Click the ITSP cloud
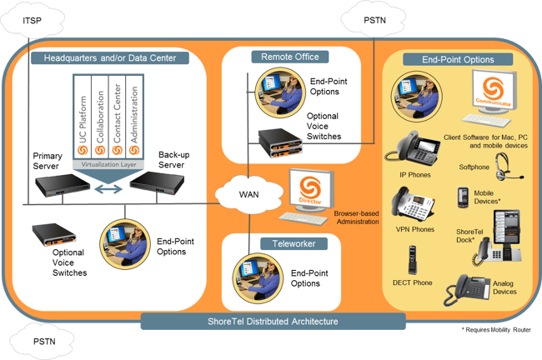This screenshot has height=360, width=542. [x=33, y=21]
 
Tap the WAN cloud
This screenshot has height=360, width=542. [x=248, y=194]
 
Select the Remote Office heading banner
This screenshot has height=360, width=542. [x=290, y=57]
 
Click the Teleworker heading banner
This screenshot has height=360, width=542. [x=294, y=243]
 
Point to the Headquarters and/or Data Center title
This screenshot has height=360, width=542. [x=110, y=58]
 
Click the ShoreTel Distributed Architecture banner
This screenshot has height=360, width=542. [x=273, y=322]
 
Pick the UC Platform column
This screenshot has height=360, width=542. [x=83, y=117]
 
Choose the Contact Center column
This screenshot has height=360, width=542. [x=118, y=117]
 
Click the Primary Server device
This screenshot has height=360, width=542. [x=63, y=185]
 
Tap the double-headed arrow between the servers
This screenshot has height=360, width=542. [x=108, y=189]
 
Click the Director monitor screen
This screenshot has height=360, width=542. [x=310, y=190]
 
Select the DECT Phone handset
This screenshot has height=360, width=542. [x=412, y=260]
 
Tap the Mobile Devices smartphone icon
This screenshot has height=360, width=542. [x=463, y=197]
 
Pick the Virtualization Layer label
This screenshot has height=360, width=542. [x=108, y=164]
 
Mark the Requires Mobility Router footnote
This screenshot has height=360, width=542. [x=496, y=330]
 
